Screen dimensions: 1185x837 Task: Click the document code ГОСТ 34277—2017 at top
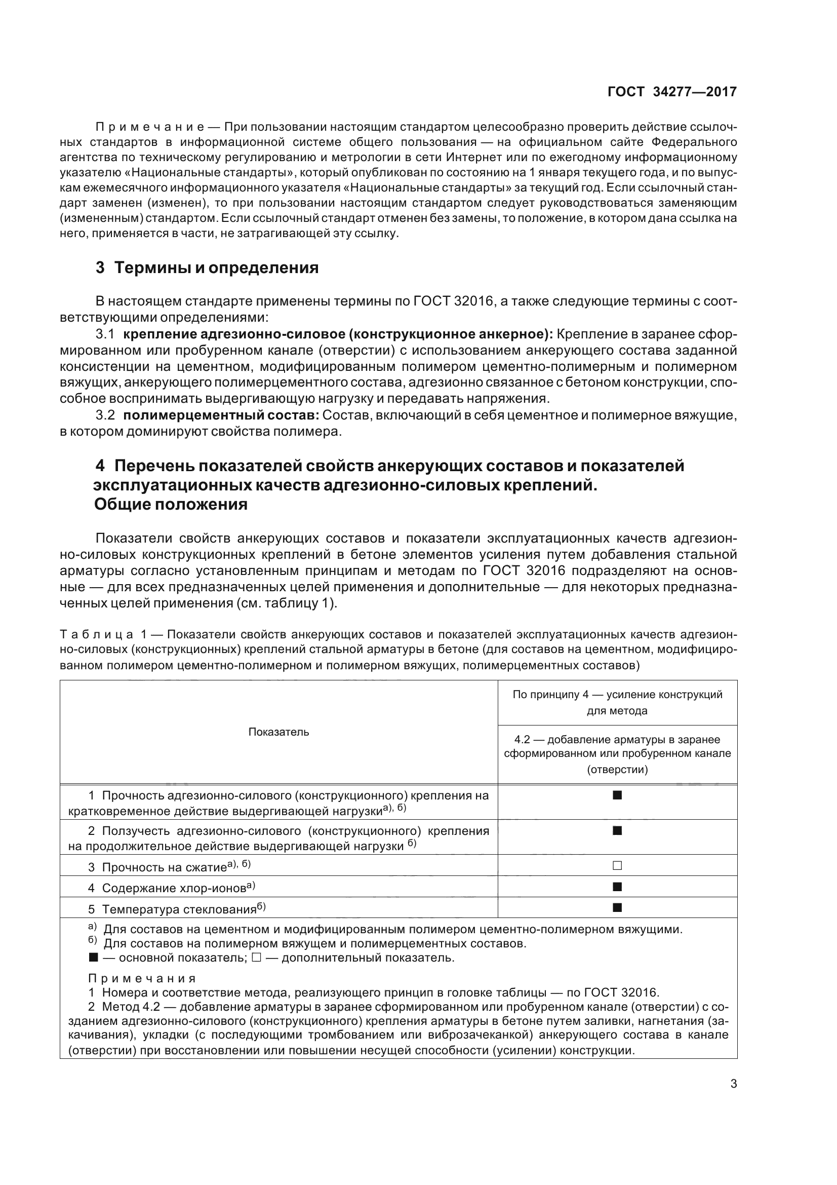point(672,92)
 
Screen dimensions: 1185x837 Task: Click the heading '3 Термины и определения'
point(207,268)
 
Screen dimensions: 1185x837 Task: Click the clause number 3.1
point(105,334)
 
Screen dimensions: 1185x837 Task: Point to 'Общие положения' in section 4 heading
point(171,504)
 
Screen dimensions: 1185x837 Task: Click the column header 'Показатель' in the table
point(278,732)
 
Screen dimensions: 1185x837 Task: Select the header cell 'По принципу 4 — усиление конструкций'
point(617,694)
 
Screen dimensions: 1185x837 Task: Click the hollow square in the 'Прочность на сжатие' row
point(617,865)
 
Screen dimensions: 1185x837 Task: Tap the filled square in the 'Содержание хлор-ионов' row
point(617,887)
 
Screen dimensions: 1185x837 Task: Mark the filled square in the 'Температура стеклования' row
point(617,907)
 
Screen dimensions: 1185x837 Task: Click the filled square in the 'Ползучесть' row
point(617,830)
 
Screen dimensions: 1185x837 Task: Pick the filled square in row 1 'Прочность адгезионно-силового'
point(617,795)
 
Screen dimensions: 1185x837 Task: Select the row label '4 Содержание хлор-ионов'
point(173,888)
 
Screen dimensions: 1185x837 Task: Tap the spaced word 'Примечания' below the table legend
point(142,979)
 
